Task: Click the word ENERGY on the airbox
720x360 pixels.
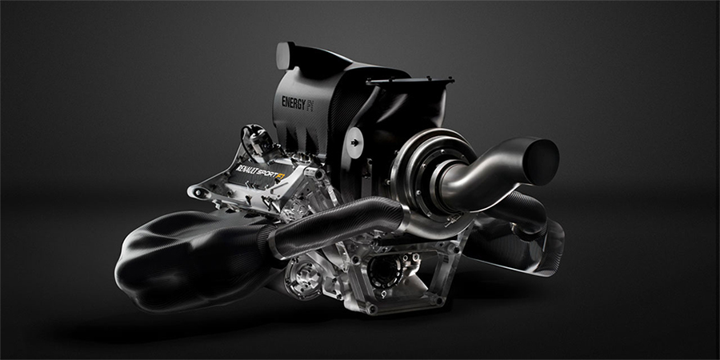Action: pyautogui.click(x=294, y=103)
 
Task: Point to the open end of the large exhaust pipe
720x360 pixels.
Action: pyautogui.click(x=541, y=162)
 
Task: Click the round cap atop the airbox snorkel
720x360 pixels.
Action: pyautogui.click(x=286, y=56)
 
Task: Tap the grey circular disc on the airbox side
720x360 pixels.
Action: pyautogui.click(x=354, y=143)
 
